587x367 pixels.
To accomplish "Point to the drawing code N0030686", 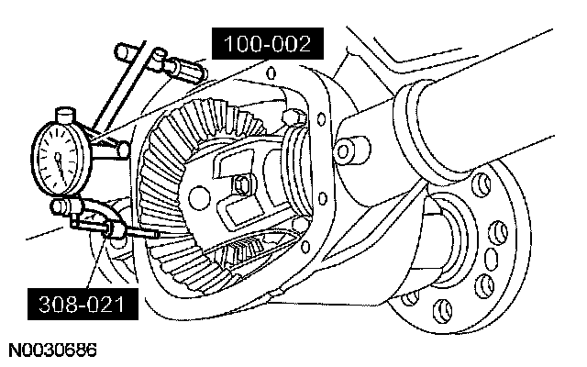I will coord(53,350).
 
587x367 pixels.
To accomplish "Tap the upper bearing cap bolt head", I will coord(293,117).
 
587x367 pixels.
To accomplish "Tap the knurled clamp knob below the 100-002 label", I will coord(180,66).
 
